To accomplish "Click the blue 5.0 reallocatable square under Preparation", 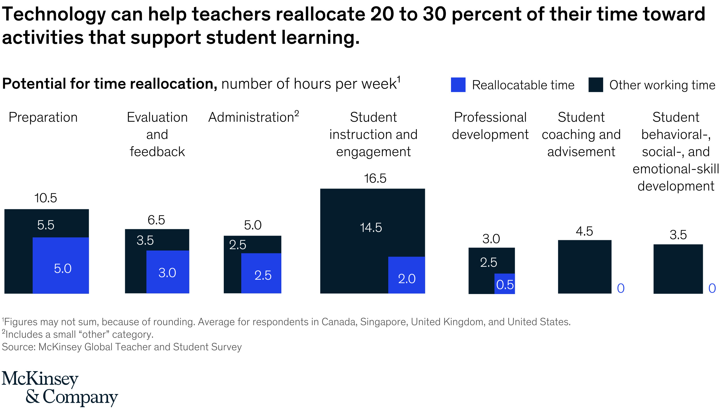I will coord(61,265).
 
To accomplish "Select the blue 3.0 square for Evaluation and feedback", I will coord(168,272).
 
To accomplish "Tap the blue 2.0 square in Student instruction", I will coord(406,275).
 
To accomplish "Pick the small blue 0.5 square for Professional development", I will coord(505,283).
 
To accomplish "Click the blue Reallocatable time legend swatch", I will coord(458,85).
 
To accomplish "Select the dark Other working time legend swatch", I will coord(596,85).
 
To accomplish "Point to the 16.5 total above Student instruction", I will coord(375,179).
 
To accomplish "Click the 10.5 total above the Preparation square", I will coord(46,198).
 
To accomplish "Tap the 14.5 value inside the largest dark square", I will coord(371,228).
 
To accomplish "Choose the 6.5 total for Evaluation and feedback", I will coord(156,220).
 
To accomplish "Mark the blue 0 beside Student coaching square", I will coord(621,288).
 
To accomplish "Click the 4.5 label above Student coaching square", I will coord(584,231).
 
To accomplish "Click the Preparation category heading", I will coord(43,117).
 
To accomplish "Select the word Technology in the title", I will coord(54,14).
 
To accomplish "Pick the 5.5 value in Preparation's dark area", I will coord(46,225).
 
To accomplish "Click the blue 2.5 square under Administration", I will coord(261,273).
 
